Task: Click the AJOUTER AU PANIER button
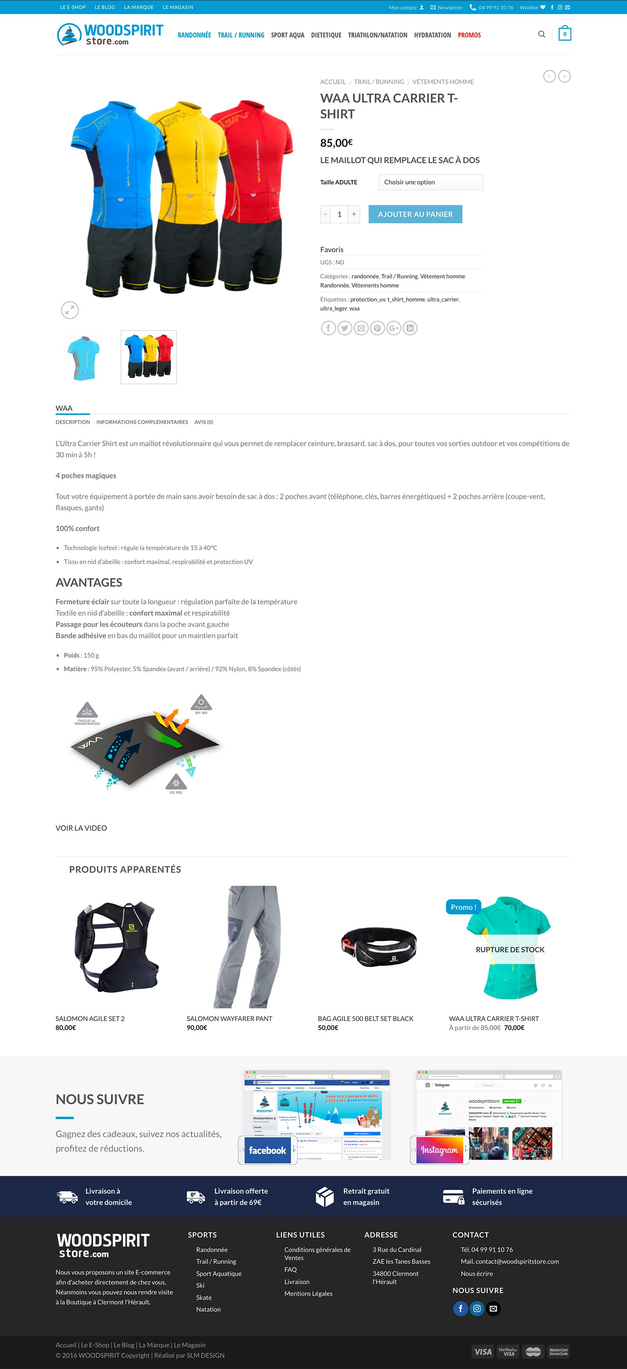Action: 415,214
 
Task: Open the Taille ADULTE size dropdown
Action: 430,182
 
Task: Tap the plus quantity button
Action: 353,214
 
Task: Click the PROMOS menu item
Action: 469,35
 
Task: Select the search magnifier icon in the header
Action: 542,34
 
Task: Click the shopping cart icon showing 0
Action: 564,34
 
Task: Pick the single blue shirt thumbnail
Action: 84,357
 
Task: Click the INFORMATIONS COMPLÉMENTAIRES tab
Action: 142,422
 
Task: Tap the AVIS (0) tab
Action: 204,422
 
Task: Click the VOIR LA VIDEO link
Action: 82,828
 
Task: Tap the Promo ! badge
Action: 463,907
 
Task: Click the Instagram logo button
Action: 439,1151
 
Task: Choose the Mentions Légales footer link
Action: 308,1293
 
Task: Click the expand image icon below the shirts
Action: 70,310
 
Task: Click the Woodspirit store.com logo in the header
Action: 110,34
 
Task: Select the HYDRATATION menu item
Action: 432,35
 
